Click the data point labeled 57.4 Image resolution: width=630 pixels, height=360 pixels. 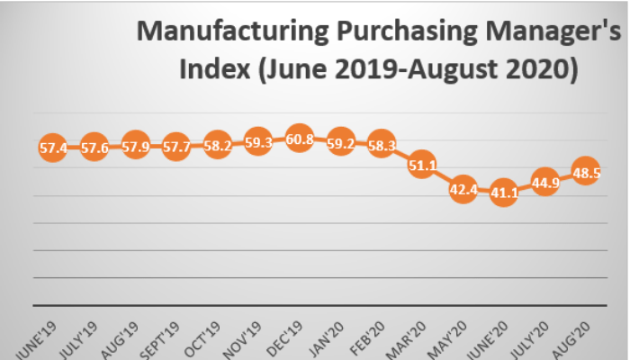pyautogui.click(x=53, y=148)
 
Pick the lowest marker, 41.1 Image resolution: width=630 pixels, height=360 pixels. pyautogui.click(x=504, y=193)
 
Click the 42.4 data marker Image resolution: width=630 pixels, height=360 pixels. pyautogui.click(x=463, y=190)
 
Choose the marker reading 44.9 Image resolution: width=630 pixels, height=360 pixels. pyautogui.click(x=544, y=183)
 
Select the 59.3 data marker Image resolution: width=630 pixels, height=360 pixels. pyautogui.click(x=258, y=142)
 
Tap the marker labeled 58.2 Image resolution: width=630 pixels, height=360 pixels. pyautogui.click(x=217, y=145)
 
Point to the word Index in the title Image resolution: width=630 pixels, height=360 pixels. pyautogui.click(x=218, y=69)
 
